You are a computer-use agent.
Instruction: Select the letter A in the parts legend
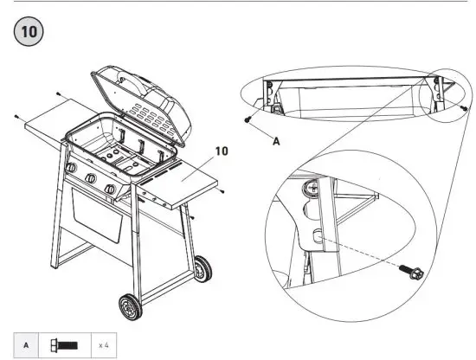tap(26, 344)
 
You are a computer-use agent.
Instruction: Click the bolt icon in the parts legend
tap(66, 344)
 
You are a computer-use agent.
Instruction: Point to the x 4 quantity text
tap(102, 344)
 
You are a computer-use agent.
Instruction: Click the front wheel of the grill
tap(130, 307)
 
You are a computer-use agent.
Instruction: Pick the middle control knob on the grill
tap(89, 180)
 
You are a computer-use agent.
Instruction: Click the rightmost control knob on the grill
tap(110, 190)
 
